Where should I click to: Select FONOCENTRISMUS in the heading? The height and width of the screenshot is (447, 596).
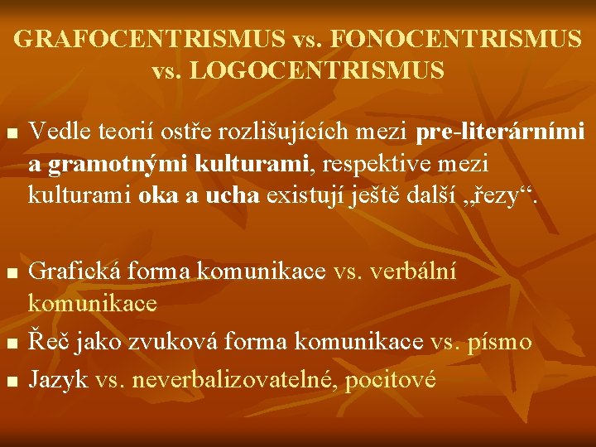(x=452, y=38)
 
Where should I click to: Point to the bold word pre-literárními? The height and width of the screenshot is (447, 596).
(x=501, y=131)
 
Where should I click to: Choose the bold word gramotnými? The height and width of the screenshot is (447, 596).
(x=119, y=165)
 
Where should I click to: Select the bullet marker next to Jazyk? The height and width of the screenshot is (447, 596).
(x=10, y=382)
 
